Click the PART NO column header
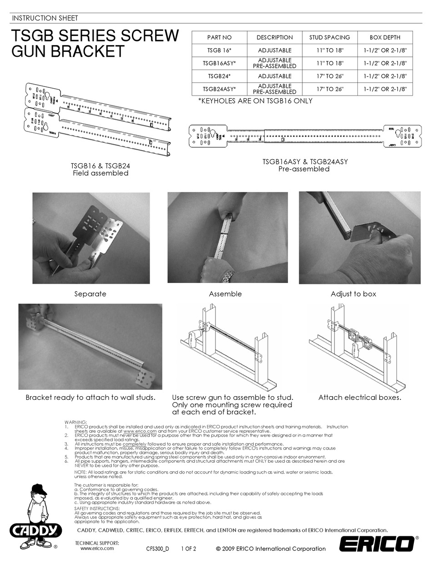tap(219, 37)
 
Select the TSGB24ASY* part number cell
tap(219, 89)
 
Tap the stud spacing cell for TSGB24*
tap(330, 76)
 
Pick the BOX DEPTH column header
tap(385, 37)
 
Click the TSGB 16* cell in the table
tap(219, 50)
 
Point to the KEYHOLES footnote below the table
tap(255, 101)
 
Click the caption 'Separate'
tap(90, 294)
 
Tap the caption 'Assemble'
tap(225, 294)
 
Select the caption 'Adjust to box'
tap(353, 294)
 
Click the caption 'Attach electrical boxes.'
tap(359, 398)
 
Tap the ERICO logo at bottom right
tap(377, 544)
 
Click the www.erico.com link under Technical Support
tap(97, 548)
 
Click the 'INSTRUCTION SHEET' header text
tap(45, 18)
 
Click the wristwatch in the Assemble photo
tap(230, 276)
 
